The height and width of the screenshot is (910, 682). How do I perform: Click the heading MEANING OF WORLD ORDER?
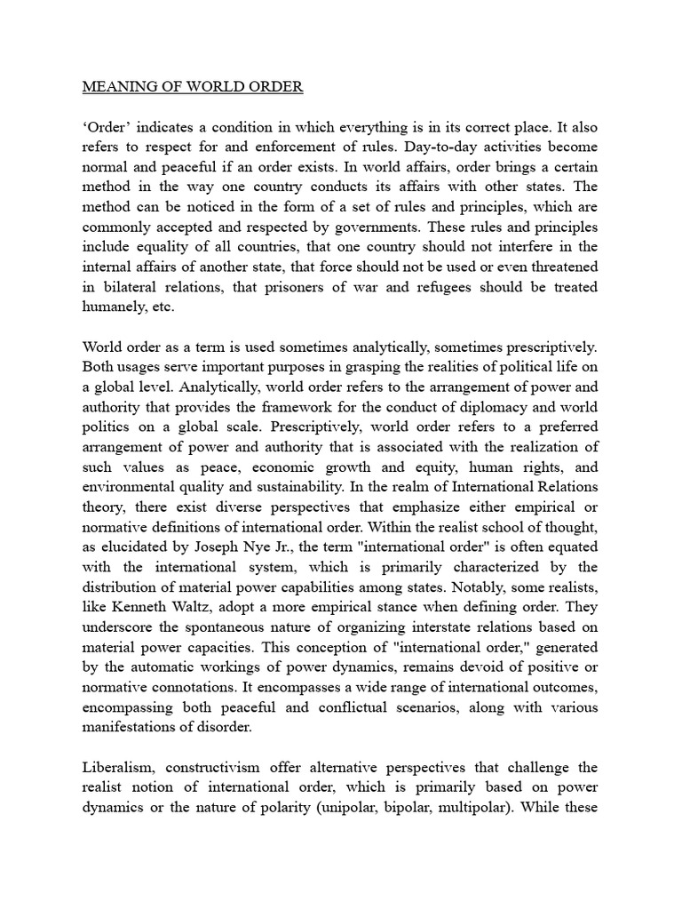[x=193, y=87]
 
